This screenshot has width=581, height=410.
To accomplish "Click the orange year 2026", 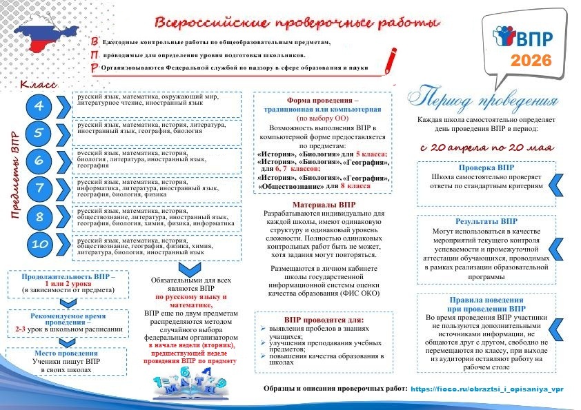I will (x=531, y=60).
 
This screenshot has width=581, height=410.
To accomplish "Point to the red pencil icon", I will (x=390, y=61).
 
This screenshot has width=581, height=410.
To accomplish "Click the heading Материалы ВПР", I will (x=324, y=205).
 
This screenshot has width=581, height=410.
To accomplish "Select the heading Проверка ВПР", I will (x=486, y=167).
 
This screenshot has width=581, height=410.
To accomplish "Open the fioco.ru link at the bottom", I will (x=487, y=389).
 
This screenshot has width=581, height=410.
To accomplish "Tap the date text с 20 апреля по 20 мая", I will (x=486, y=147).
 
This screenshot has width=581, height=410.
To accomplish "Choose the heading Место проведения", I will (x=68, y=353).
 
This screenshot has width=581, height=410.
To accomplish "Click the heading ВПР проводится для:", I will (x=324, y=320).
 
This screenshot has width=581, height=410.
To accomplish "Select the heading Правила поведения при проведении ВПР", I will (x=486, y=305).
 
